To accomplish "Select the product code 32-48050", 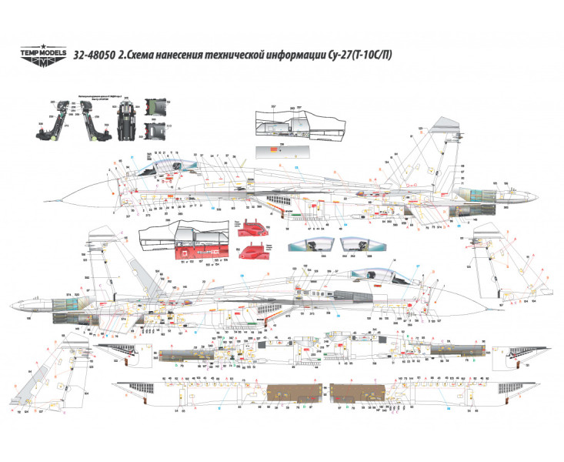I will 95,55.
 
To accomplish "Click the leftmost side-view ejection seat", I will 48,121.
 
